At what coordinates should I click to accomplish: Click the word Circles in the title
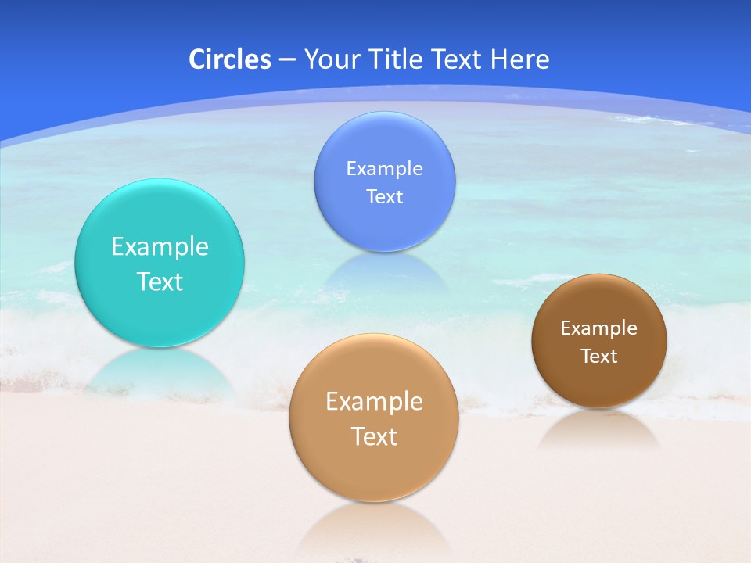click(229, 59)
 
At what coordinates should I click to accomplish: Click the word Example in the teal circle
click(160, 247)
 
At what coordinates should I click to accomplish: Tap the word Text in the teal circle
click(160, 281)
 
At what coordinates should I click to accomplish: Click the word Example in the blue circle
click(384, 169)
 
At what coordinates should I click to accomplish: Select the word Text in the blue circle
click(384, 196)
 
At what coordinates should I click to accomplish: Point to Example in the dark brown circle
click(599, 328)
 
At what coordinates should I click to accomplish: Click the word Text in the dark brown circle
click(599, 357)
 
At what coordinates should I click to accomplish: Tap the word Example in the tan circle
click(374, 402)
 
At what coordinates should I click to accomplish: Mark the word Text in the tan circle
click(374, 436)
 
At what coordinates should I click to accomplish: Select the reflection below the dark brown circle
click(599, 430)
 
